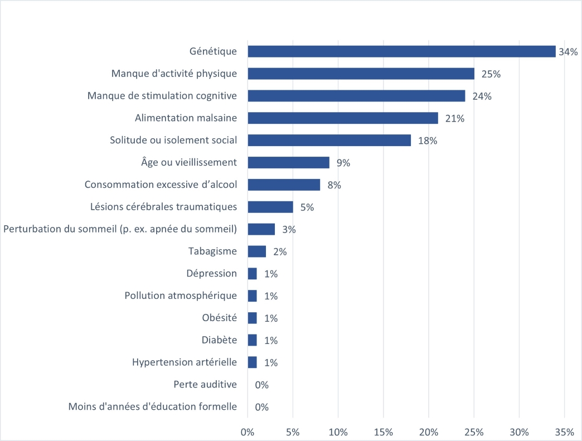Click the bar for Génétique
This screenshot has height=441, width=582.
[401, 51]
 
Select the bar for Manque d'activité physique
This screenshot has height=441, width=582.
[361, 74]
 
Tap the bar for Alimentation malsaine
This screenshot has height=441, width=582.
[343, 118]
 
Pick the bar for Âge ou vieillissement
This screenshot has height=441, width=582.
[289, 163]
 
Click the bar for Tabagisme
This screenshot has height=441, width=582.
[257, 251]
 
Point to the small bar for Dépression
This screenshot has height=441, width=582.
[253, 274]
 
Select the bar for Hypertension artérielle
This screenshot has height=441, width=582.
[253, 362]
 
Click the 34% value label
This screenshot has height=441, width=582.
[568, 52]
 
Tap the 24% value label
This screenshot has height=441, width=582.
[482, 96]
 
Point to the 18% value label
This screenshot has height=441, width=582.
[428, 140]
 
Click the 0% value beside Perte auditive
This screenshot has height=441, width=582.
[261, 385]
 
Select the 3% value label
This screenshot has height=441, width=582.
[289, 229]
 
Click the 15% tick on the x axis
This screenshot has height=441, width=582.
[384, 432]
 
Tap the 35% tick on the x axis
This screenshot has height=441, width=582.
[565, 432]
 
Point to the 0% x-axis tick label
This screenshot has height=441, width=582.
[248, 432]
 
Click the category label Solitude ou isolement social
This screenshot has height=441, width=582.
[173, 140]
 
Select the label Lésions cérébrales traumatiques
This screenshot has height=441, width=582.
[163, 206]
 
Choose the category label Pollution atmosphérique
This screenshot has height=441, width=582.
[181, 295]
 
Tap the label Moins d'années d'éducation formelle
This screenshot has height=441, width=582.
[153, 406]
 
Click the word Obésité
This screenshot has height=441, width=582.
[219, 318]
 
